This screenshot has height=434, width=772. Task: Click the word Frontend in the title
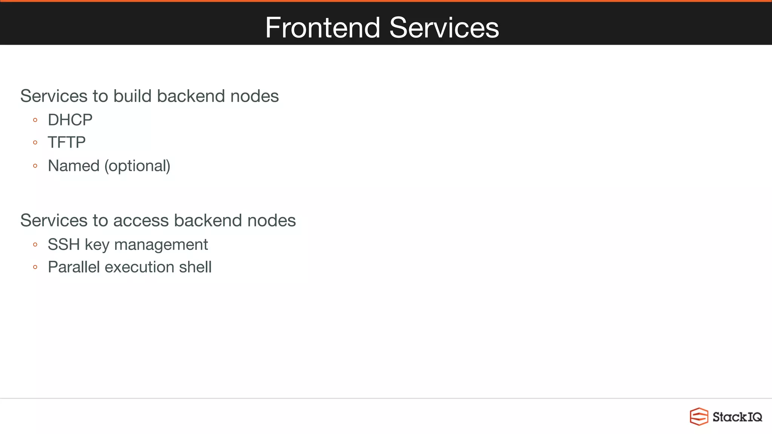(x=322, y=28)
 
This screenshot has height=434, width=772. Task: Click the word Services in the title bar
(x=444, y=28)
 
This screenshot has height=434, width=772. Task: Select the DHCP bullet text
(x=70, y=120)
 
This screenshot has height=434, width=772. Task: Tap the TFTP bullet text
(x=67, y=142)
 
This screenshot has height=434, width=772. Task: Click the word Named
(x=74, y=166)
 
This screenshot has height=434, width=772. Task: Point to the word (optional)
(x=137, y=166)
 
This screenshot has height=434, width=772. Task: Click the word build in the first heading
(x=132, y=96)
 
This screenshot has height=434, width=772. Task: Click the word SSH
(x=63, y=245)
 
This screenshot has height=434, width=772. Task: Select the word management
(x=161, y=245)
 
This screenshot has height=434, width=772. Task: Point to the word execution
(x=139, y=267)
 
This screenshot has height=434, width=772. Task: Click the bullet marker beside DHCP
(x=35, y=120)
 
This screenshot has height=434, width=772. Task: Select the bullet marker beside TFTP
(x=35, y=142)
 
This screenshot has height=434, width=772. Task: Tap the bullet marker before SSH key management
(x=35, y=245)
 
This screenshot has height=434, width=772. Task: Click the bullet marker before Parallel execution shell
(x=35, y=267)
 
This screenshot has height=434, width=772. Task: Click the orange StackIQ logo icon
(x=698, y=417)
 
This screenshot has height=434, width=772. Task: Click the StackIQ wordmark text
(x=737, y=417)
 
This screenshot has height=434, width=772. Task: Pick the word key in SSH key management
(x=97, y=245)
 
